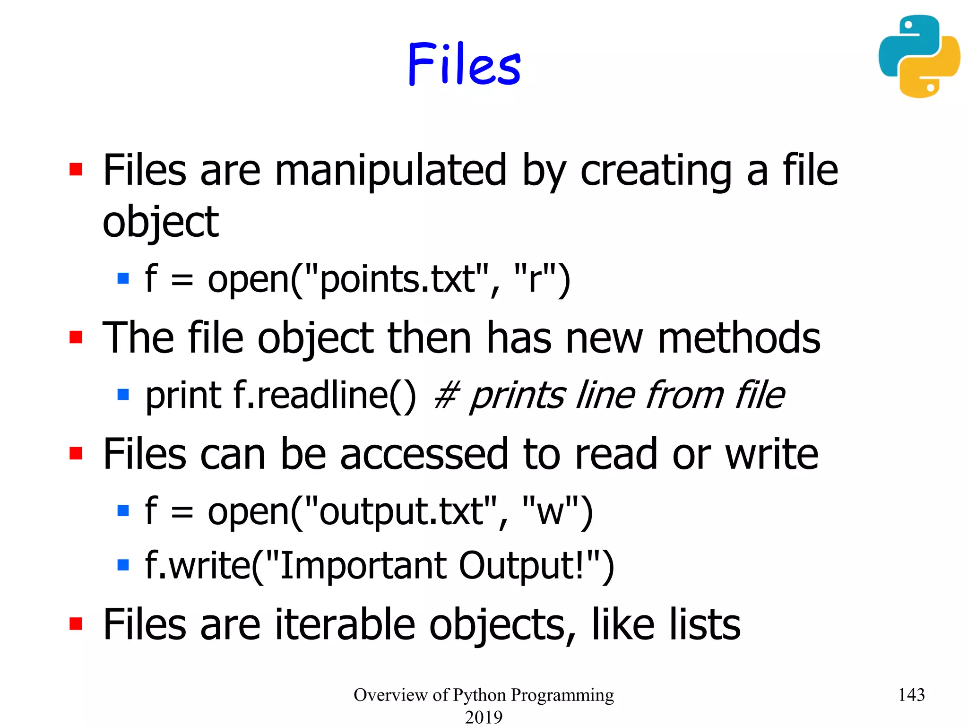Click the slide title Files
tap(464, 64)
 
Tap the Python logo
tap(919, 56)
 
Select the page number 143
tap(911, 694)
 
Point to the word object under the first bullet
tap(160, 222)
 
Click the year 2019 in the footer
tap(483, 717)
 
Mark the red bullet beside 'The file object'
tap(76, 337)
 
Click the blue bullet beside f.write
tap(123, 565)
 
